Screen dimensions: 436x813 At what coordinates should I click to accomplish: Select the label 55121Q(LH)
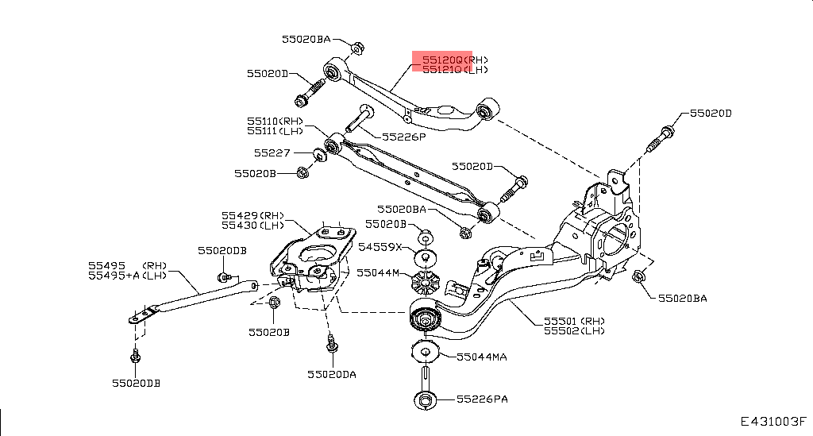(x=454, y=70)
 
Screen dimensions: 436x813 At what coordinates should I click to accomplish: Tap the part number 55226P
(x=404, y=137)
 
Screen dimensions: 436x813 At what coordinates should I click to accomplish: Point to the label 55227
(x=272, y=152)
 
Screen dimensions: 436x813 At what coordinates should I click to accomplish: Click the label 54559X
(x=380, y=247)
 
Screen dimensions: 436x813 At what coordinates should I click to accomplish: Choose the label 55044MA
(x=481, y=357)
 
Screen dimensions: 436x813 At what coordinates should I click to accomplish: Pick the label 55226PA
(x=481, y=399)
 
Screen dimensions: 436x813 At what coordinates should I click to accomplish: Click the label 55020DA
(x=332, y=373)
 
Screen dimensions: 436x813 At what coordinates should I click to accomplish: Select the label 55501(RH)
(x=573, y=322)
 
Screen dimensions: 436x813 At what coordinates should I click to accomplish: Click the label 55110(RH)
(x=275, y=122)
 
